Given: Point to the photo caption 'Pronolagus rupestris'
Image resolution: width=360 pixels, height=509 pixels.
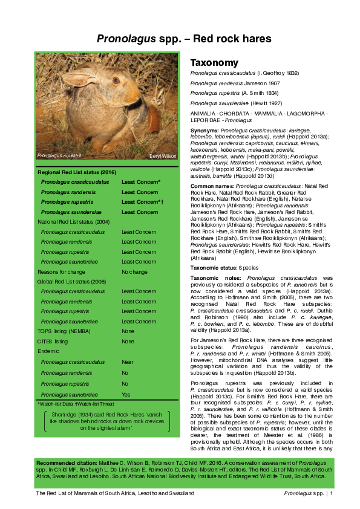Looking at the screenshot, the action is (59, 156).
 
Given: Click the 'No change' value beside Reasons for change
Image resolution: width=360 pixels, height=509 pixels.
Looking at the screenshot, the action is (134, 272).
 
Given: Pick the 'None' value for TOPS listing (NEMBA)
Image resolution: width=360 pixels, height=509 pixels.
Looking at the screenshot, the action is (128, 331).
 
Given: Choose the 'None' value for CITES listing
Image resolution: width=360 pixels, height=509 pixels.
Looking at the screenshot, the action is (128, 342).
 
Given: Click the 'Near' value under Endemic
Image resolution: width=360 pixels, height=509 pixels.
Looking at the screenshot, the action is (128, 361).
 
